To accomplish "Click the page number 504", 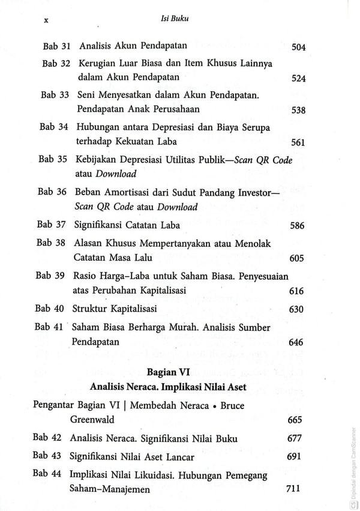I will click(298, 47).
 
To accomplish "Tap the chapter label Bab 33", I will click(56, 95).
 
